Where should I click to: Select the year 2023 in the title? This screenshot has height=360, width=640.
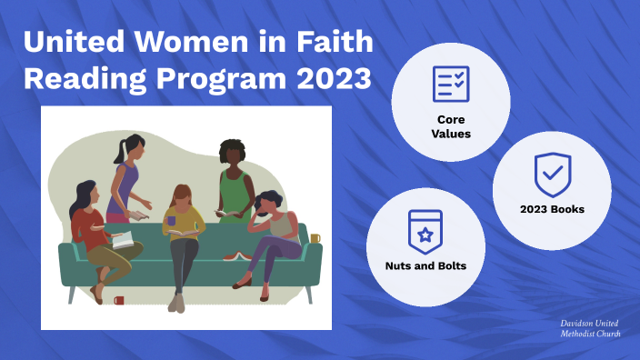point(334,78)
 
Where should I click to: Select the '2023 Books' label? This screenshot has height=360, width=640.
point(552,209)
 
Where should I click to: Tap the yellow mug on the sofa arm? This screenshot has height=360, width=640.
point(315,239)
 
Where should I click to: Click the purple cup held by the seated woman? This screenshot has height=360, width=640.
point(172,221)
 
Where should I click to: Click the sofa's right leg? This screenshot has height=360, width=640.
point(309,293)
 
